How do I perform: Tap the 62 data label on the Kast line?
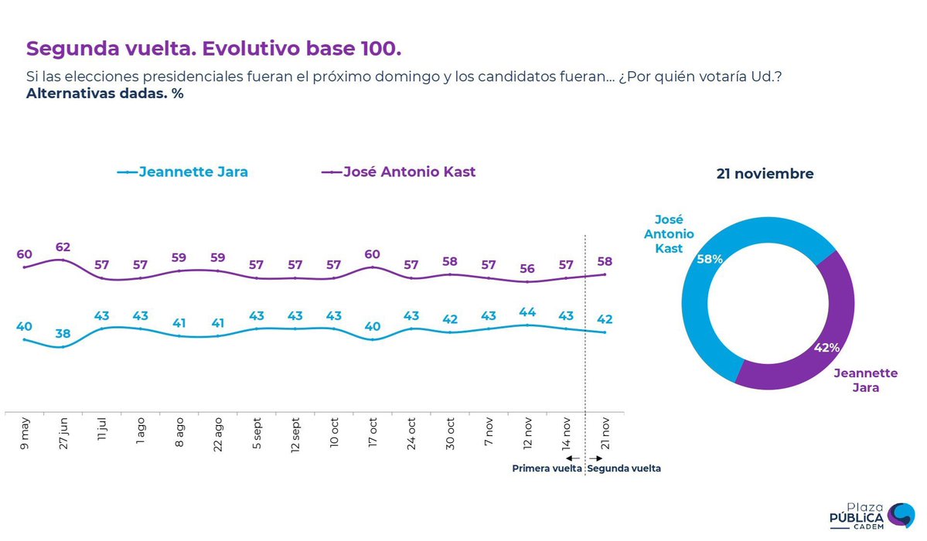coord(63,248)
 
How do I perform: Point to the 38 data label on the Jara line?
coord(63,334)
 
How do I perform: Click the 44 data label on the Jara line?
coord(527,312)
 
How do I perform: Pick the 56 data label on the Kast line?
coord(527,269)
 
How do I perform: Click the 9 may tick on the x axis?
coord(25,434)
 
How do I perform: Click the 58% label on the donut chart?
coord(710,260)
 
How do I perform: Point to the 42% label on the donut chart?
coord(826,348)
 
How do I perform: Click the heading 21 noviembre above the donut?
coord(765,174)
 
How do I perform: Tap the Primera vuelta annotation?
coord(547,468)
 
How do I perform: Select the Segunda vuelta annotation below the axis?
coord(625,468)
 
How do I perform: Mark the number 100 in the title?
coord(380,48)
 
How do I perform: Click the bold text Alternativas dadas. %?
coord(104,94)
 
